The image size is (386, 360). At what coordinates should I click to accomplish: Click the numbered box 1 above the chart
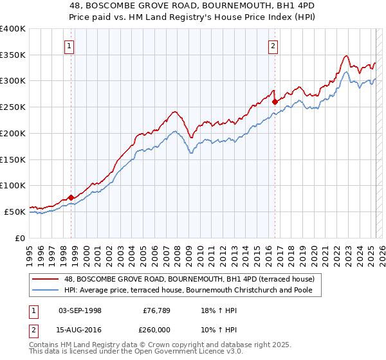pyautogui.click(x=68, y=46)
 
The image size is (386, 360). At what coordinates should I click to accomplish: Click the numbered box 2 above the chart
pyautogui.click(x=273, y=46)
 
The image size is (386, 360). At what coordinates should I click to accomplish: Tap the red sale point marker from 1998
pyautogui.click(x=71, y=197)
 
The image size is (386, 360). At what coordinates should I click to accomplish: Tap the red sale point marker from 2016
pyautogui.click(x=275, y=102)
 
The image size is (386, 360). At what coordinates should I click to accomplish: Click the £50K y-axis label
pyautogui.click(x=15, y=212)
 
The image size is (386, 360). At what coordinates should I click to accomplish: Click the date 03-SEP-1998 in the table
pyautogui.click(x=80, y=310)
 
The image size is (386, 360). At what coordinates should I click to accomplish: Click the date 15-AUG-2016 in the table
pyautogui.click(x=80, y=330)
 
